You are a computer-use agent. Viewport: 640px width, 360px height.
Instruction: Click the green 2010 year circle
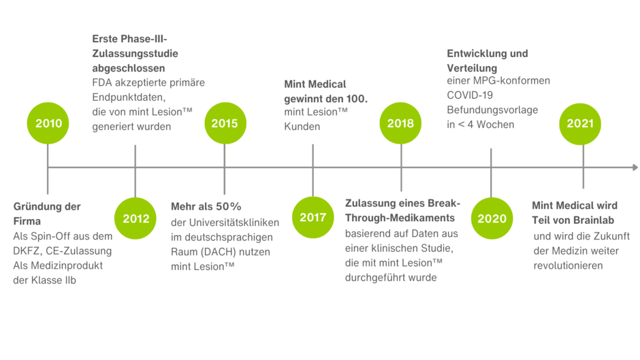click(x=48, y=123)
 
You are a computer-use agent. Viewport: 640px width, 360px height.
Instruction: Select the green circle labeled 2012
click(x=135, y=218)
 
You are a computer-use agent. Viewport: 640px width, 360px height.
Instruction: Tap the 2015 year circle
click(x=225, y=123)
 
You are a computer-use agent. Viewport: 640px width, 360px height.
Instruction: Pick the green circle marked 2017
click(x=313, y=218)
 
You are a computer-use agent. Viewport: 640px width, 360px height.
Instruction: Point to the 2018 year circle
click(x=400, y=123)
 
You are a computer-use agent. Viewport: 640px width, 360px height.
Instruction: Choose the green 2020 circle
click(x=492, y=218)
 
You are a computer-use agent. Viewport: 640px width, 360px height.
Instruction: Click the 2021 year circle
click(x=580, y=123)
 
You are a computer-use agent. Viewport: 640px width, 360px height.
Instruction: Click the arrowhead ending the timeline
click(x=635, y=167)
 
